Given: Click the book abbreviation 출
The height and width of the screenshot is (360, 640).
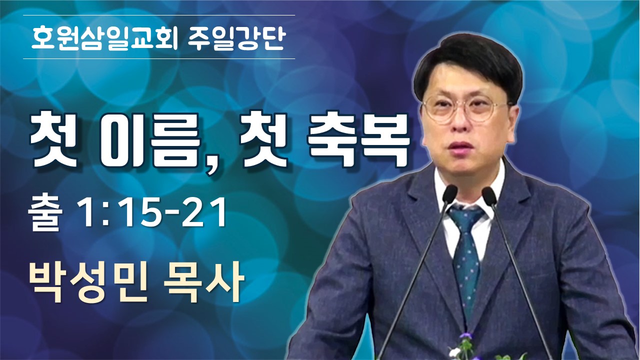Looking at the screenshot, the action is tap(45, 214).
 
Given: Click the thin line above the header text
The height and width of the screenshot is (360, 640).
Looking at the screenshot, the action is tap(159, 15).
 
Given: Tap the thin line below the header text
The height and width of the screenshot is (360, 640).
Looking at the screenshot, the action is tap(159, 59).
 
